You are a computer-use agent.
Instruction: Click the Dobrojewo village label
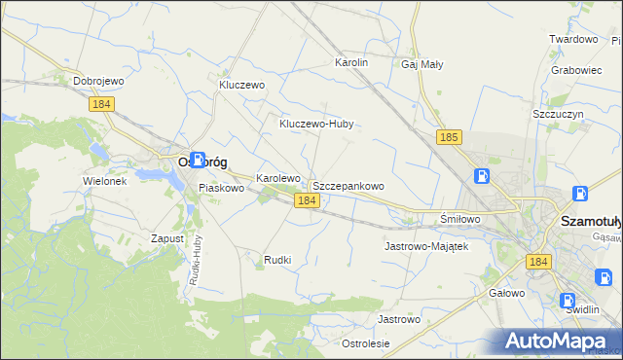point(102,81)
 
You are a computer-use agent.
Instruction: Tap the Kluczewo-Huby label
point(315,124)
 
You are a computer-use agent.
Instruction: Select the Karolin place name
point(351,62)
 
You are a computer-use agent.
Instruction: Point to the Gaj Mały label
point(422,65)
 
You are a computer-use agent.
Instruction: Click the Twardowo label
point(572,39)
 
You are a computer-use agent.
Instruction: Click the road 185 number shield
point(449,138)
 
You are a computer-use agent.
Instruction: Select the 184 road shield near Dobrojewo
point(101,103)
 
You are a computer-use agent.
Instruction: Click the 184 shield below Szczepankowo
point(307,200)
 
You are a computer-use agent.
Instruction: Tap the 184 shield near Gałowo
point(538,262)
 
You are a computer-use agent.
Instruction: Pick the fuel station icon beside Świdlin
point(568,301)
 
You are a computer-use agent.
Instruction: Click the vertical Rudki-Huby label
point(195,263)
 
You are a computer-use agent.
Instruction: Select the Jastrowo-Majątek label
point(426,246)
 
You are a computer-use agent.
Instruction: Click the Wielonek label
point(105,181)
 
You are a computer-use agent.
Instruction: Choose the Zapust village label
point(168,237)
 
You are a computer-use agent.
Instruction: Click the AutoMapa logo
point(560,341)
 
